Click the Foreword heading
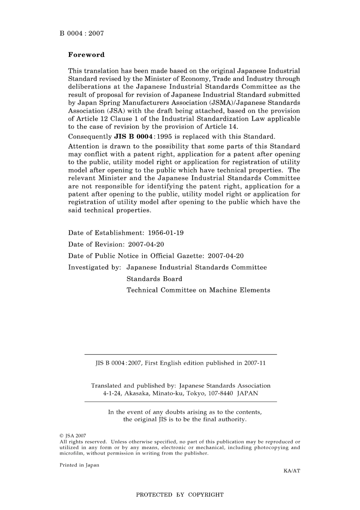pyautogui.click(x=86, y=55)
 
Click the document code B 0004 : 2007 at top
pyautogui.click(x=81, y=33)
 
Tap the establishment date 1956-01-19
pyautogui.click(x=166, y=233)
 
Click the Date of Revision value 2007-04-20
pyautogui.click(x=146, y=244)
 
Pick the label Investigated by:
pyautogui.click(x=95, y=267)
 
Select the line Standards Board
pyautogui.click(x=154, y=279)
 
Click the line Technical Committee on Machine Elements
pyautogui.click(x=198, y=290)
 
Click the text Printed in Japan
pyautogui.click(x=79, y=465)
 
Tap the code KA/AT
pyautogui.click(x=291, y=471)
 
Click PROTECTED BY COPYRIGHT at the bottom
pyautogui.click(x=180, y=495)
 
